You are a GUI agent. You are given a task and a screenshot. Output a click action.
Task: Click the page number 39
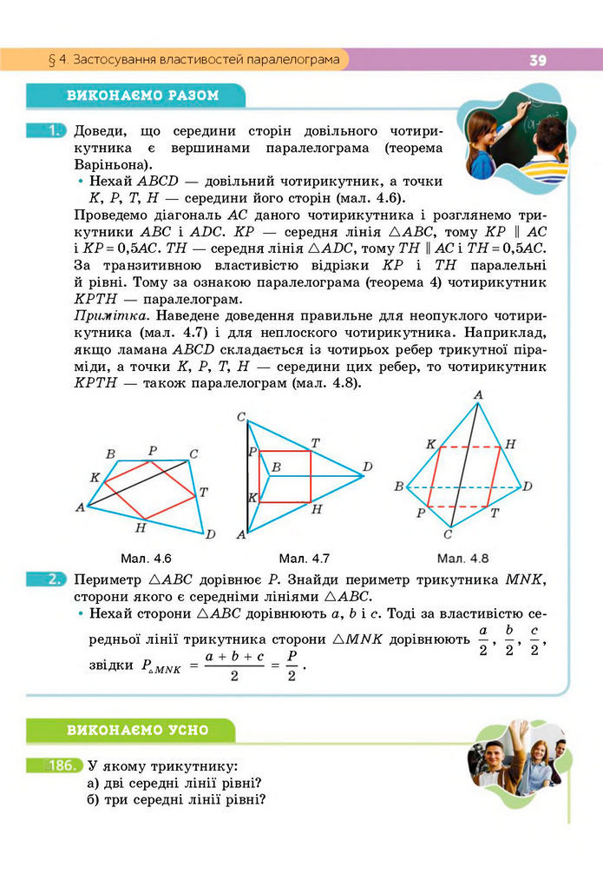point(537,60)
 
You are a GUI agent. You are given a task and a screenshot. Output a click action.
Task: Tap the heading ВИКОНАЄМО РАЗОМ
point(143,96)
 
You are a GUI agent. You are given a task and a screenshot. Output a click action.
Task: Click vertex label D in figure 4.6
point(210,533)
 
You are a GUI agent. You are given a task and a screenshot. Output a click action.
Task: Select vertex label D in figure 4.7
point(368,467)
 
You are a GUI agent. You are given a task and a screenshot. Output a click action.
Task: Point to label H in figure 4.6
point(141,527)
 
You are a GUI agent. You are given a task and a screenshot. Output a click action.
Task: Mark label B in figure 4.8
point(398,486)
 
